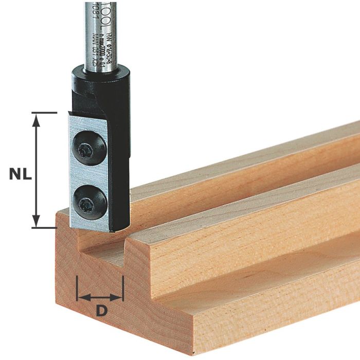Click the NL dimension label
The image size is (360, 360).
[20, 173]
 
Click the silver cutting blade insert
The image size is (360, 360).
[77, 175]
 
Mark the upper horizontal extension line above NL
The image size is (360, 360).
[44, 112]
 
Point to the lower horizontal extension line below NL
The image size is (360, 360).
[44, 227]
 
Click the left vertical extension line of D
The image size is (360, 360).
[77, 288]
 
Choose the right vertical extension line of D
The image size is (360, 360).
[123, 288]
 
